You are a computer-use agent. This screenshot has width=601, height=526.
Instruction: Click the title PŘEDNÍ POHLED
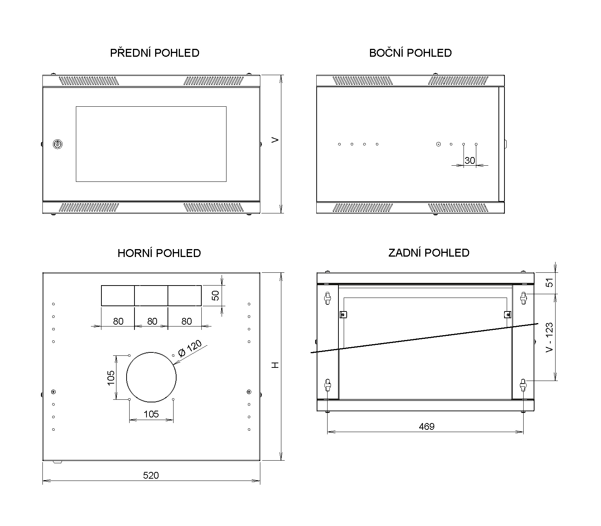pos(154,53)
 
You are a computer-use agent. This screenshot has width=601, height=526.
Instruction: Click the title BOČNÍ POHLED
pos(410,53)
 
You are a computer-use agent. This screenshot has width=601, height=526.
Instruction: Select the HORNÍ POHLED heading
pos(159,253)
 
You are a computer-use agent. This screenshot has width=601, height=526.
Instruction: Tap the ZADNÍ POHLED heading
pos(429,252)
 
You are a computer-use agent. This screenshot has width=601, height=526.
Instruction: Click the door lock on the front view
pos(57,144)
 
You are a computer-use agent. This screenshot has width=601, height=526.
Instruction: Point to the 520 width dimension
pos(151,475)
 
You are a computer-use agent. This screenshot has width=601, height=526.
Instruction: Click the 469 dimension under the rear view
pos(426,426)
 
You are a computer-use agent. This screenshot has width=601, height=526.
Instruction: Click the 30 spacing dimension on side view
pos(470,160)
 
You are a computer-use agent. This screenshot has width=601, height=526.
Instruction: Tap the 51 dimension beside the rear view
pos(550,283)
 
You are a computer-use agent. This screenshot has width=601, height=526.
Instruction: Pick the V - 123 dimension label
pos(550,337)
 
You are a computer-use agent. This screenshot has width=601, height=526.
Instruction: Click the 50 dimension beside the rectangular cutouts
pos(216,295)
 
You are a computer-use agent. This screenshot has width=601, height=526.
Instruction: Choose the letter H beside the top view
pos(276,365)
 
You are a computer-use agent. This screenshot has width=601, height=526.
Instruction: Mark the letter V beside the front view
pos(276,140)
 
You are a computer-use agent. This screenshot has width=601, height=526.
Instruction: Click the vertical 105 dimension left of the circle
pos(111,378)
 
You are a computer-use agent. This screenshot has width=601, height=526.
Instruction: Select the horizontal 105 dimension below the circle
pos(151,414)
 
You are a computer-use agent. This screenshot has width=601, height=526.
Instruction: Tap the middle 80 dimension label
pos(152,321)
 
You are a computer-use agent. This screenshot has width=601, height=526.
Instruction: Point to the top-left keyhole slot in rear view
pos(328,298)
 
